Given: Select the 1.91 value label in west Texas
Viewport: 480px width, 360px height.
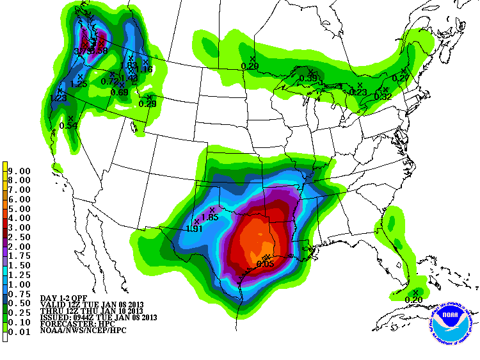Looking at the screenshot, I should (195, 228).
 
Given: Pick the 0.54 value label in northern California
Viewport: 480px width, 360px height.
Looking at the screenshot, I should (68, 125).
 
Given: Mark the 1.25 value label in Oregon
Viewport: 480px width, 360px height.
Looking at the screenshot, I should (79, 84).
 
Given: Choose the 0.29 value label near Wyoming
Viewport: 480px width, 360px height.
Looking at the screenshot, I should (148, 104).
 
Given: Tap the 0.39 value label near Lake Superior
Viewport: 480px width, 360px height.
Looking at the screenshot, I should (309, 78).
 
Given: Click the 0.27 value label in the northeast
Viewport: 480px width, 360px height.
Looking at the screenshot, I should (401, 78).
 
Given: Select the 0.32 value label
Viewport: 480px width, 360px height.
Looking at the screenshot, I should (383, 97).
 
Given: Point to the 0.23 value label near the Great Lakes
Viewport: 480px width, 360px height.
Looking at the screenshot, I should (358, 92).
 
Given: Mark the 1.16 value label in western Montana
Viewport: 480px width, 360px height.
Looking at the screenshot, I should (144, 69).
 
